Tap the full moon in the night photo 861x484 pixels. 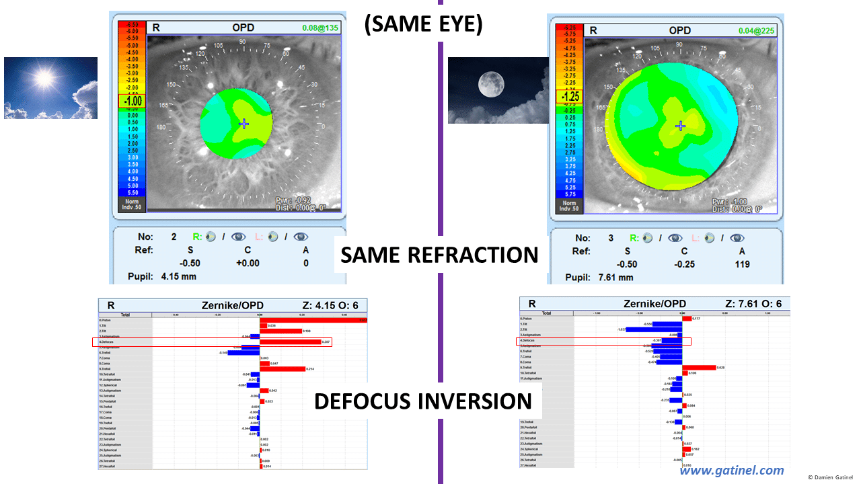[x=490, y=85]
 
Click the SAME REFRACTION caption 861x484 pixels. [x=439, y=255]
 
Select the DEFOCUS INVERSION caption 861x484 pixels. [x=423, y=401]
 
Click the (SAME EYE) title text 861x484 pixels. [x=423, y=24]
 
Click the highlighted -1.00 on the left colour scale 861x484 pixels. [x=132, y=101]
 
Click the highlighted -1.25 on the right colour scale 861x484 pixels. [x=570, y=95]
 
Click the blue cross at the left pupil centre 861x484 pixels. [x=244, y=124]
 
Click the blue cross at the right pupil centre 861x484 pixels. [x=681, y=126]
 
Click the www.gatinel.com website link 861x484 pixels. [x=731, y=471]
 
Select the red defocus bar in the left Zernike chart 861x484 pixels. [x=291, y=341]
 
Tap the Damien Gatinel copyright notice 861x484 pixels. [x=831, y=477]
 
